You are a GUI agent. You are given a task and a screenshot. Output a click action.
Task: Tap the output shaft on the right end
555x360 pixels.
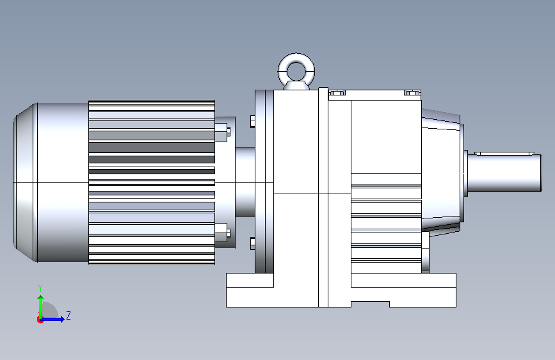505,174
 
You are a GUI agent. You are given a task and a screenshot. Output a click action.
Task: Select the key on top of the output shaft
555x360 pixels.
504,154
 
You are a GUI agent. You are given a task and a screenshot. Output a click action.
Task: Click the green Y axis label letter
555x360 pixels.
40,288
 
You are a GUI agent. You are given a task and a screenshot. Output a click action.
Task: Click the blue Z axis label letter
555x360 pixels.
68,315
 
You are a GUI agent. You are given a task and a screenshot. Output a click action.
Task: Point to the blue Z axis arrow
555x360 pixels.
53,319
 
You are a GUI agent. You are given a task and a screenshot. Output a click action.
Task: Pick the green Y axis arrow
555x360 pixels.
41,307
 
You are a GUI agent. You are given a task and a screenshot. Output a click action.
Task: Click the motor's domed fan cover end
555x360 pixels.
25,183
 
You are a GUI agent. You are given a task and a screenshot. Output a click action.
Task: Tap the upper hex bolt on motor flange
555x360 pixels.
222,132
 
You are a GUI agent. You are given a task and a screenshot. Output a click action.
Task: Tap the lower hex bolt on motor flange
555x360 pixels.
222,233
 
